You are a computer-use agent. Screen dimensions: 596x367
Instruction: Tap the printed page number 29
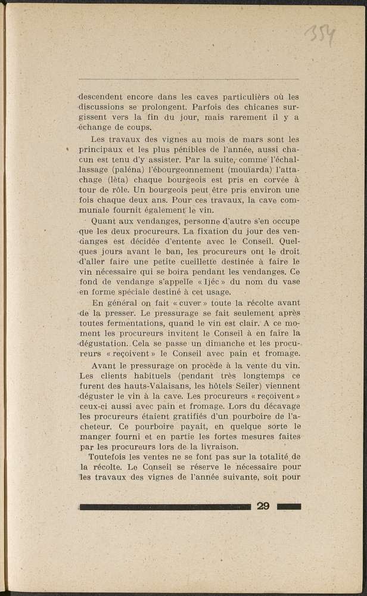click(x=263, y=507)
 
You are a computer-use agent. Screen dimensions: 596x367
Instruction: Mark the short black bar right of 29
click(x=289, y=507)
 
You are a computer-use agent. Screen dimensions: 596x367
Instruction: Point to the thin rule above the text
click(x=188, y=79)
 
